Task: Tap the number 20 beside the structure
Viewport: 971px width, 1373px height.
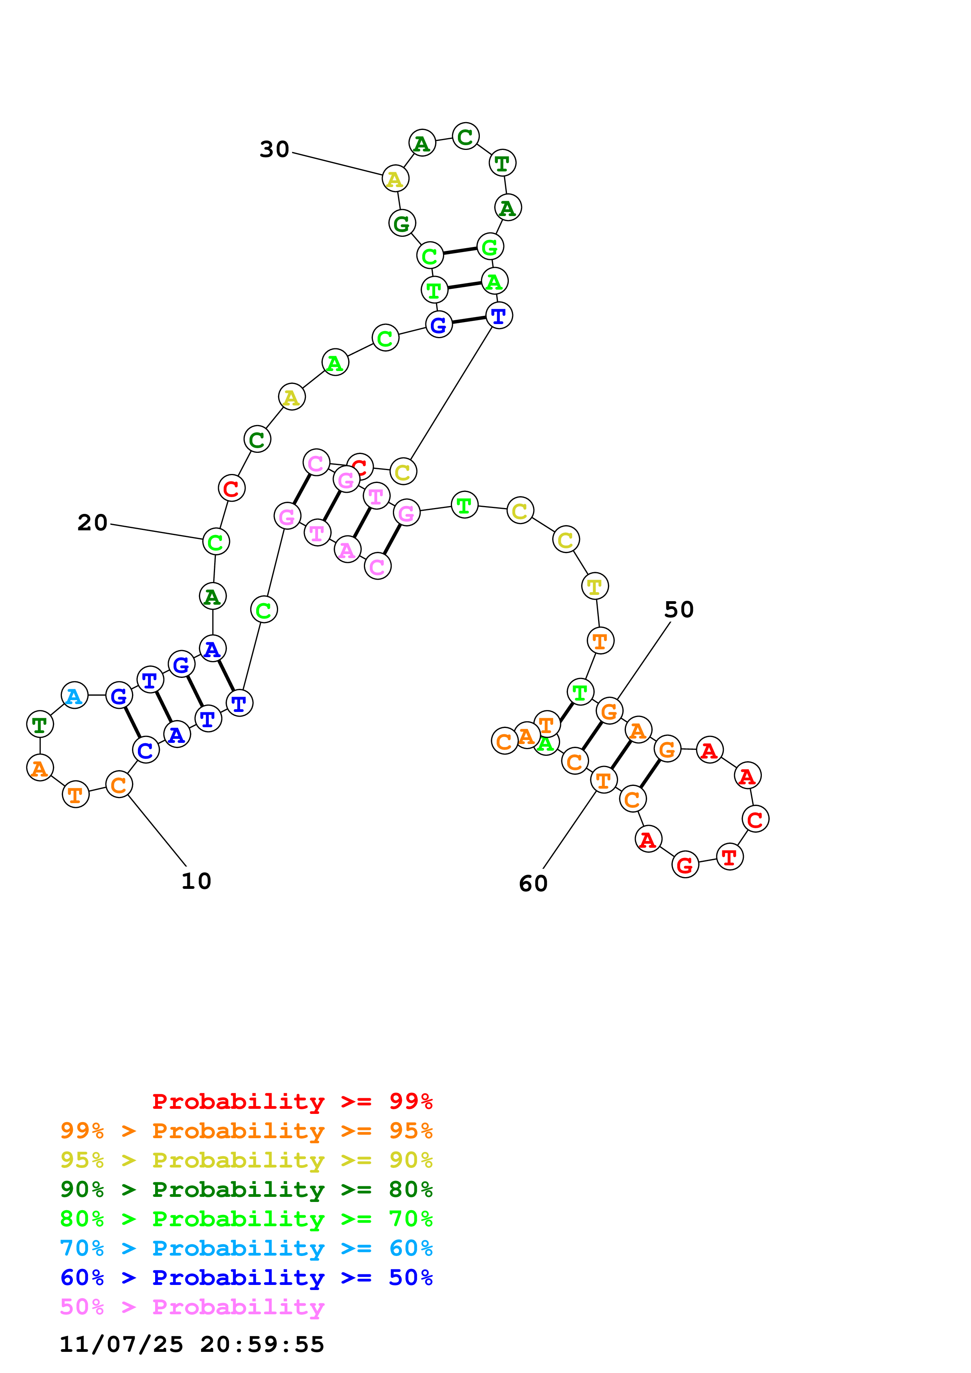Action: tap(92, 522)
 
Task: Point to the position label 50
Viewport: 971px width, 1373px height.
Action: tap(678, 609)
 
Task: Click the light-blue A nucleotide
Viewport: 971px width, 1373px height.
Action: tap(74, 696)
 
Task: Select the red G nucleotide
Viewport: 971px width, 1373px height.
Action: tap(685, 865)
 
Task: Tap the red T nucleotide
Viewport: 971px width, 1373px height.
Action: tap(729, 857)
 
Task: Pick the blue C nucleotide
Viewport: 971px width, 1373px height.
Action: tap(145, 750)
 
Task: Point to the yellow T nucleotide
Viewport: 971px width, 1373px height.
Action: tap(595, 586)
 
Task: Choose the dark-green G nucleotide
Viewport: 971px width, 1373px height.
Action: tap(401, 223)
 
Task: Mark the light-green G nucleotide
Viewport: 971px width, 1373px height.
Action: tap(490, 246)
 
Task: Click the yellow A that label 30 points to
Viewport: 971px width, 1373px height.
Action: tap(395, 178)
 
